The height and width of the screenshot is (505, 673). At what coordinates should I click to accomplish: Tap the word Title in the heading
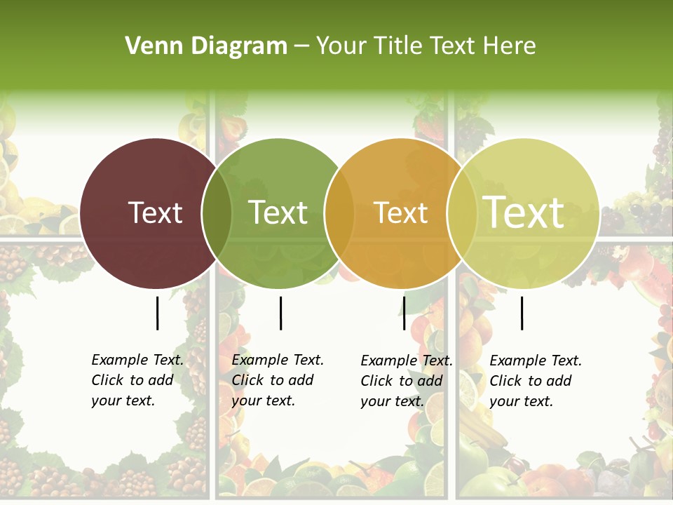click(397, 46)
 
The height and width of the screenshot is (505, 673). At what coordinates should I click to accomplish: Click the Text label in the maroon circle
click(155, 213)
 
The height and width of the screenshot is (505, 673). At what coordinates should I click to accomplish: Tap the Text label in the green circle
click(278, 213)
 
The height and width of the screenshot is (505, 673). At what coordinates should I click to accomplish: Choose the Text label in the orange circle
click(401, 213)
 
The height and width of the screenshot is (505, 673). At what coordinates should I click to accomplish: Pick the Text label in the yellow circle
click(524, 212)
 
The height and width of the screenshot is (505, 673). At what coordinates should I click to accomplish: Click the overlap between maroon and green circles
click(217, 213)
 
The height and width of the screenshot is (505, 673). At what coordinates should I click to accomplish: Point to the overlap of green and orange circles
click(339, 213)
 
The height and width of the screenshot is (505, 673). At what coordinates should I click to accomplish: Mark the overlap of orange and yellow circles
click(461, 213)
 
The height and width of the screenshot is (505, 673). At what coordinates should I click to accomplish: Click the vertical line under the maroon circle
click(157, 313)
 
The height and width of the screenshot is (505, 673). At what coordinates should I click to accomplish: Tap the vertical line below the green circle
click(280, 313)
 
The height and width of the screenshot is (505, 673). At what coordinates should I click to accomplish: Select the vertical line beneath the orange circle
click(404, 313)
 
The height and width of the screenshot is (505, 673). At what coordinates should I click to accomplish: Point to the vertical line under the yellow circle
click(522, 313)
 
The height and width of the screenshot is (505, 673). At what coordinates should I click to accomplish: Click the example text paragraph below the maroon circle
click(137, 380)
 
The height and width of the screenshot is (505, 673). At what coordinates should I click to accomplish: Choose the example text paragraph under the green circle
click(277, 380)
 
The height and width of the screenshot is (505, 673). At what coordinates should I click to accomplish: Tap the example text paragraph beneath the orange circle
click(406, 381)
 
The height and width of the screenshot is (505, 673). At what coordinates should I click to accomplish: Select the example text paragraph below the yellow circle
click(535, 381)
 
